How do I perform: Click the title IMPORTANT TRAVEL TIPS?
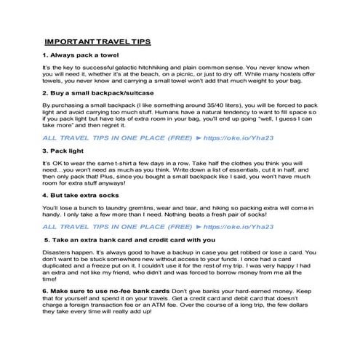tap(97, 41)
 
